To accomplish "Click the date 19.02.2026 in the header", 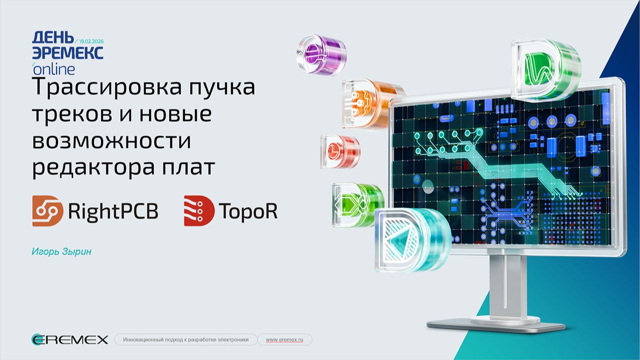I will click(x=91, y=40).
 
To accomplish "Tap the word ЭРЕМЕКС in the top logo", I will click(x=68, y=53).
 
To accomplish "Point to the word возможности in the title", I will click(x=112, y=141).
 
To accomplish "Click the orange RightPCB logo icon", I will click(x=48, y=211).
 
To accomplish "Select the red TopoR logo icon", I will click(x=199, y=211).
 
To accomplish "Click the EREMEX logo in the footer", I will click(x=70, y=340).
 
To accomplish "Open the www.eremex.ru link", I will click(x=284, y=340).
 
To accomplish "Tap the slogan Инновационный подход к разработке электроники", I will click(x=186, y=340).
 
